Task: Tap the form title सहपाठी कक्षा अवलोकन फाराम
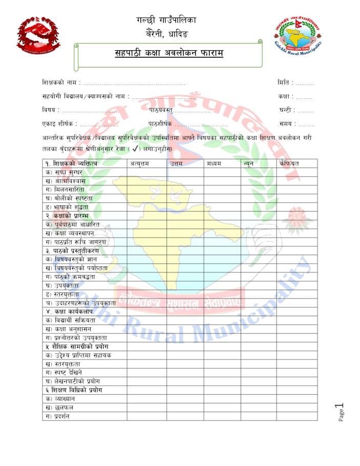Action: (169, 53)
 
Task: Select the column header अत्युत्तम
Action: (139, 163)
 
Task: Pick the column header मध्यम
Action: (215, 163)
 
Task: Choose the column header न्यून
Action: (249, 163)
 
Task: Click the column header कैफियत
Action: (289, 163)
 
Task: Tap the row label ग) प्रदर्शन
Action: (58, 416)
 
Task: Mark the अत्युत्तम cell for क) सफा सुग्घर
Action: (146, 172)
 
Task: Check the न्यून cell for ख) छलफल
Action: (259, 407)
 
